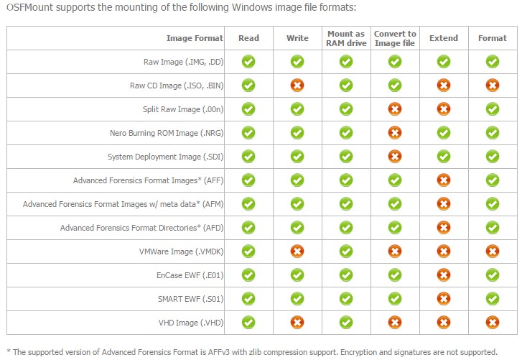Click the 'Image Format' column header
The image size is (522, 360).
[195, 38]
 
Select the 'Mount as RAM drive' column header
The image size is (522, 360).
[345, 38]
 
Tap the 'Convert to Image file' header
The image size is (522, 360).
[394, 38]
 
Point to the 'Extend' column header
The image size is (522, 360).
[443, 38]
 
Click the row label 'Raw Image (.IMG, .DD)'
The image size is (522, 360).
[184, 62]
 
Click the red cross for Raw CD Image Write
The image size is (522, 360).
[297, 86]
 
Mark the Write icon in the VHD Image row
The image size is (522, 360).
[297, 322]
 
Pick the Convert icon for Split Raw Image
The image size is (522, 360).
[394, 109]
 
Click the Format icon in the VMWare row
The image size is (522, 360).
[492, 251]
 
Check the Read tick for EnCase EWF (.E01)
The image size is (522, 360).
[248, 274]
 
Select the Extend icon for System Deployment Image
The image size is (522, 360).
[443, 157]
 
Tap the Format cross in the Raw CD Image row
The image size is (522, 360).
[492, 86]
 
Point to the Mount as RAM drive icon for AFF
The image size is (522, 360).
[345, 180]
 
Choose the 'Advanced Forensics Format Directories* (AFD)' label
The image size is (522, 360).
[141, 228]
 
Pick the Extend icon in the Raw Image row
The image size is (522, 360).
[443, 62]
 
